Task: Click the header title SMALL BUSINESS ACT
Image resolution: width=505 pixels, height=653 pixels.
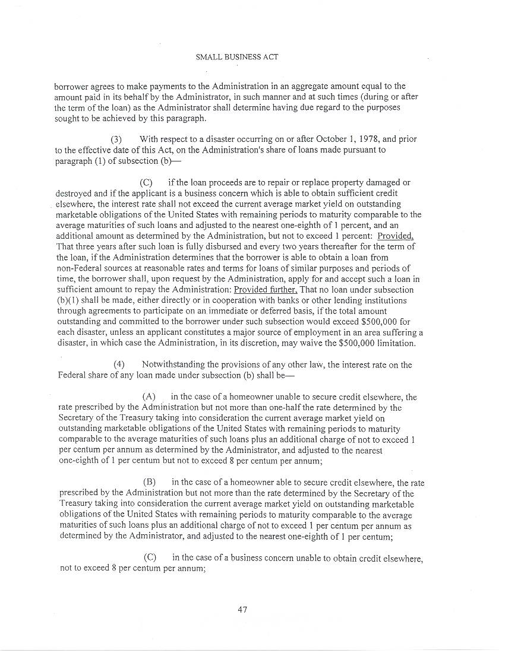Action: point(236,58)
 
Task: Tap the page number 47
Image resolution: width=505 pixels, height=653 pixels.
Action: point(242,609)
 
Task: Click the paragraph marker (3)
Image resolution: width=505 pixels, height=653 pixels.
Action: point(116,139)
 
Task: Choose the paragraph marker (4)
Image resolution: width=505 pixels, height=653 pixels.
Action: point(119,364)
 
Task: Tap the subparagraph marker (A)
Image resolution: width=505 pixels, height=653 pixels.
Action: point(149,397)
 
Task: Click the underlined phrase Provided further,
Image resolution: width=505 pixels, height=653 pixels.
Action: point(266,290)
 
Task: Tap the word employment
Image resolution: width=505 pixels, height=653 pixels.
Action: point(327,332)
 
